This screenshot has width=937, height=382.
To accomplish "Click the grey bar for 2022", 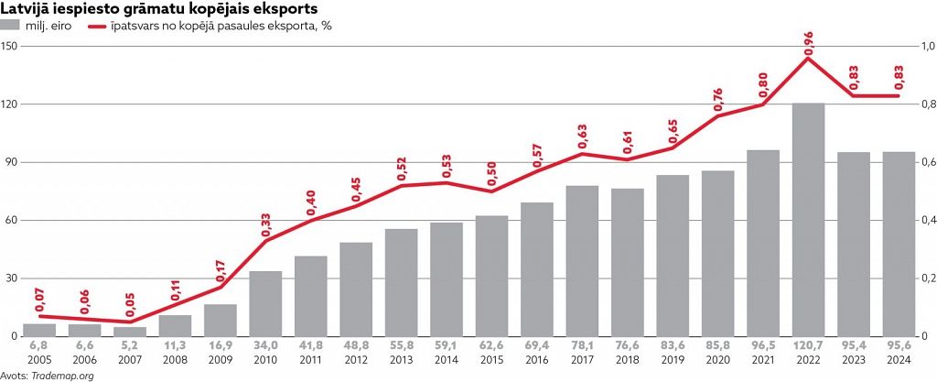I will pyautogui.click(x=808, y=220).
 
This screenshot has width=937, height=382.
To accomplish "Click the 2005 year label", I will pyautogui.click(x=38, y=361).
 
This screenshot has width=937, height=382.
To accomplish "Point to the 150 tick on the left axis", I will pyautogui.click(x=12, y=46).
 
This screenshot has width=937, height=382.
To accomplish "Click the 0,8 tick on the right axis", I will pyautogui.click(x=926, y=104).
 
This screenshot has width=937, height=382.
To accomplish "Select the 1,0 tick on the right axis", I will pyautogui.click(x=926, y=46).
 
